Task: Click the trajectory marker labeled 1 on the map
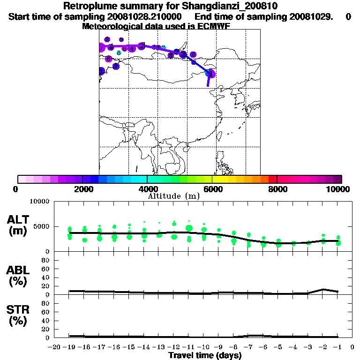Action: pos(211,74)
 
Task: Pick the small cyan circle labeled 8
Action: pos(119,53)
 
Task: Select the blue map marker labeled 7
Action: pos(116,67)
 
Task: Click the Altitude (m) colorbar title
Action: pos(173,196)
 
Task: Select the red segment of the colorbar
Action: pos(272,179)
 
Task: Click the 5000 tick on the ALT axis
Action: pos(42,227)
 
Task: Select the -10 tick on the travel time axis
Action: pos(203,347)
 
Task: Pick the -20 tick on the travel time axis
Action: pos(55,347)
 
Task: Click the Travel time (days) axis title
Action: pos(205,356)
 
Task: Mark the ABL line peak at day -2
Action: pos(323,289)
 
